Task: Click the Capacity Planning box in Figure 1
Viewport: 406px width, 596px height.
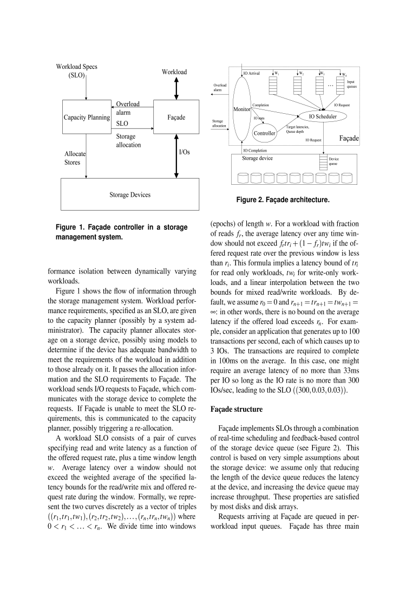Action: pos(87,117)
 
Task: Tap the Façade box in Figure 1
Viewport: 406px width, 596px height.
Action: pos(176,117)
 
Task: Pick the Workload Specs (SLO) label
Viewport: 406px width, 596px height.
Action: pos(77,71)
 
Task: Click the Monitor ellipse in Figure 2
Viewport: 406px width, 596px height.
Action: pos(241,109)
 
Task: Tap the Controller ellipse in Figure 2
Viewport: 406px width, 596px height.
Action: pos(265,132)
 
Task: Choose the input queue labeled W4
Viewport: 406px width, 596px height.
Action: pos(340,85)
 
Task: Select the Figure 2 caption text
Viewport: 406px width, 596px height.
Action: pos(283,200)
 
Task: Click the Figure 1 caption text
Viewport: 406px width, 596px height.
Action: pos(122,231)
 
